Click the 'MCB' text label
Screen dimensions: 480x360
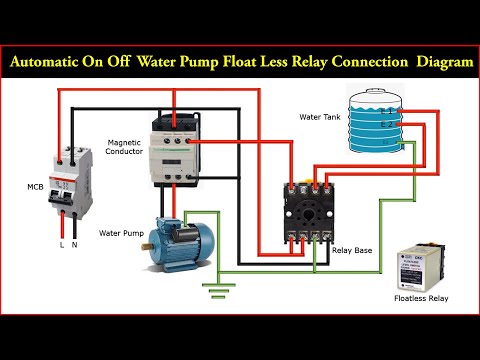pyautogui.click(x=35, y=186)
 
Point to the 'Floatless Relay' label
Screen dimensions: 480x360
pyautogui.click(x=422, y=298)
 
